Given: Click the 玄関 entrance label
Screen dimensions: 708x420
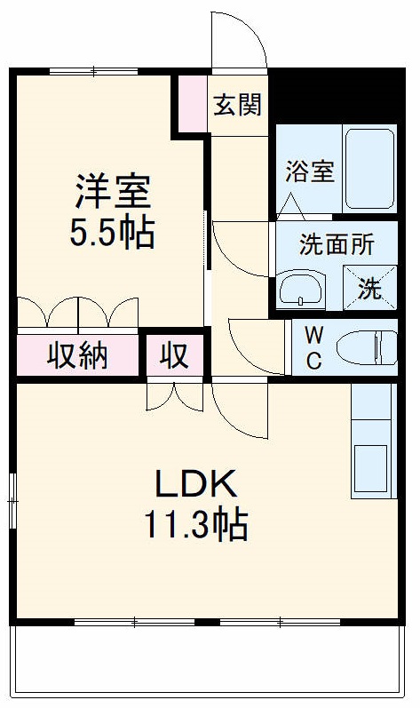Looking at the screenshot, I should [x=238, y=105].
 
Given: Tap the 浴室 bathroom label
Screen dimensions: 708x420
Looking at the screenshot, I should [x=310, y=171].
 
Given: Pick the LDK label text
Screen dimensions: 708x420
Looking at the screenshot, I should [x=196, y=484].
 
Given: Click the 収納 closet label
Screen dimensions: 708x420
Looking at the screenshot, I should [x=77, y=355].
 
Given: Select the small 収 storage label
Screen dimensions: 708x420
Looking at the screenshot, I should [x=174, y=355].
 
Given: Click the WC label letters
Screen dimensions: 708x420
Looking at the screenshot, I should [x=314, y=349].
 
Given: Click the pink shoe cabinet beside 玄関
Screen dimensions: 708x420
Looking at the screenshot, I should [x=190, y=104].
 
